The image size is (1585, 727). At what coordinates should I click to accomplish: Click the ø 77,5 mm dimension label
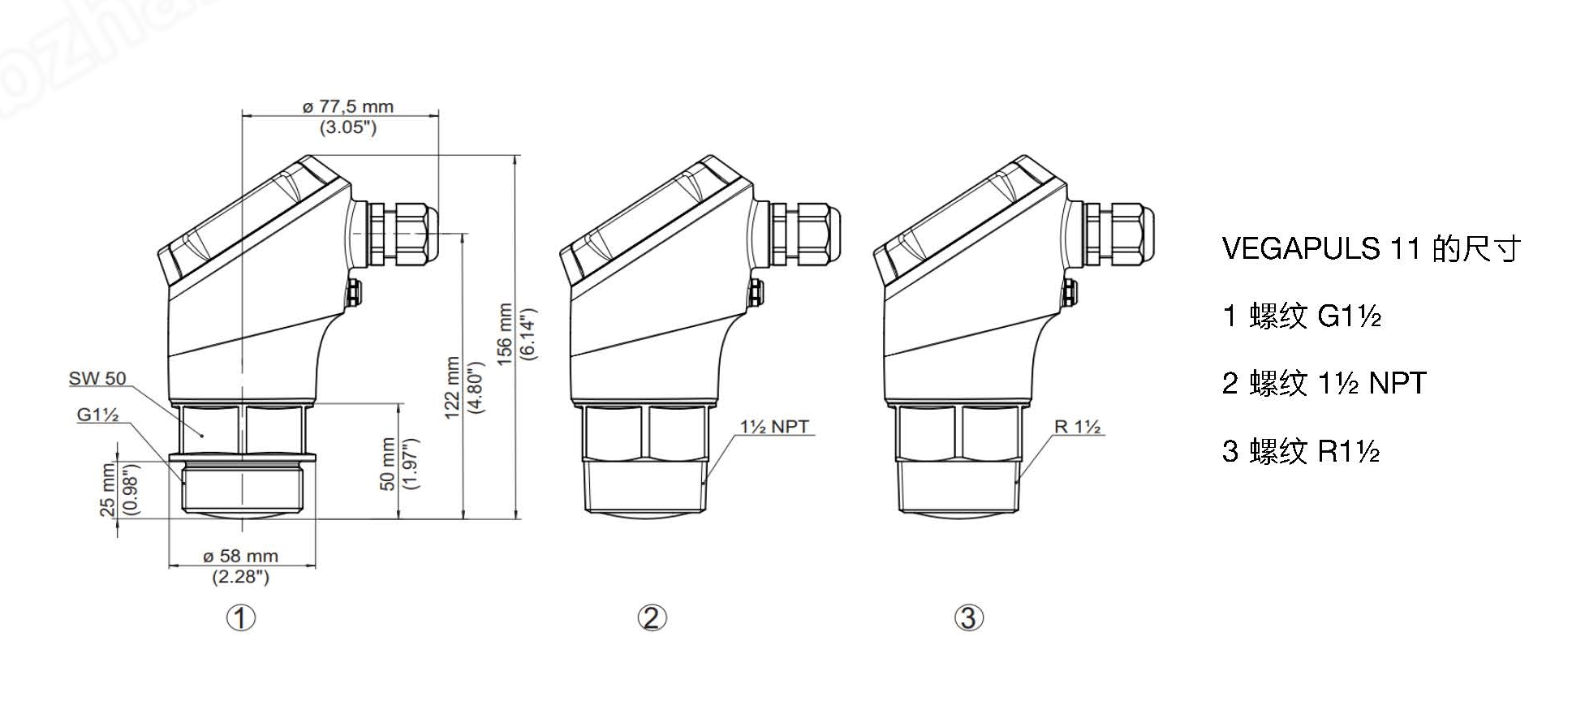click(347, 106)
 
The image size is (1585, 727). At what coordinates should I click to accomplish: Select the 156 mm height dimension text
click(506, 334)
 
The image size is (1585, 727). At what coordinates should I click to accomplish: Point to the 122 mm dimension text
click(453, 387)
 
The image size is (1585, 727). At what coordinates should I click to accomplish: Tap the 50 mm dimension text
click(388, 463)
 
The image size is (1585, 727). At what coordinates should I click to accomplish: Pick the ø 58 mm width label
click(240, 557)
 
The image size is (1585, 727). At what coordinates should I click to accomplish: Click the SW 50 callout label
click(97, 378)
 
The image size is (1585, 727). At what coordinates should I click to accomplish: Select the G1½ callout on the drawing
click(98, 415)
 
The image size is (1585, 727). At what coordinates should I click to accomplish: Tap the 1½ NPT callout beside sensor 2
click(774, 427)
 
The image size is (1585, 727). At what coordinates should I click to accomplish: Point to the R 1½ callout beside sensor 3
click(1077, 427)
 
